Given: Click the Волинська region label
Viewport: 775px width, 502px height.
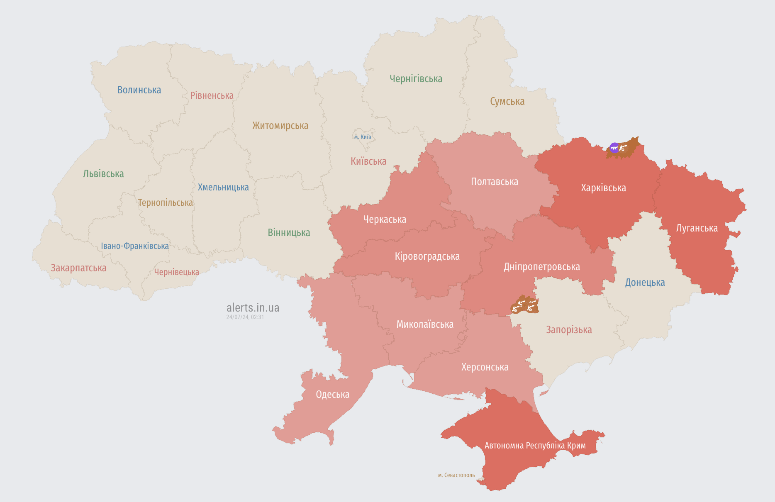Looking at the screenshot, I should pos(139,90).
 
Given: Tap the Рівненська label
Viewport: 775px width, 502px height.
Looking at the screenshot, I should pos(212,95).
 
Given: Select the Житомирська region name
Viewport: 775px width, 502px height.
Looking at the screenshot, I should pos(280,126).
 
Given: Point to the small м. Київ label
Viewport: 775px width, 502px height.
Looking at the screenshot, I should pos(363,137).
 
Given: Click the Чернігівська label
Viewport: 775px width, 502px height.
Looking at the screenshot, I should pos(416,79).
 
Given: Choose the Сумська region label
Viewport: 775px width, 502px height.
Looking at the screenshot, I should pos(507,102).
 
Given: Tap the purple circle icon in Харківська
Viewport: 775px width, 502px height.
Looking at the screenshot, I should pos(614,148).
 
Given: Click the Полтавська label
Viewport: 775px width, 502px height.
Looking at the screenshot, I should pos(494,182).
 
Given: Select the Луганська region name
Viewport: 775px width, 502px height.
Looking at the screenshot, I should pos(697,228).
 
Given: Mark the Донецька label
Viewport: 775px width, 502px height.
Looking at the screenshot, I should pos(645,283).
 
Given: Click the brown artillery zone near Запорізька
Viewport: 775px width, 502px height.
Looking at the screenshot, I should pos(525,305).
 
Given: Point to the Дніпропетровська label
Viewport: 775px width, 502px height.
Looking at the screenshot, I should pos(541,267).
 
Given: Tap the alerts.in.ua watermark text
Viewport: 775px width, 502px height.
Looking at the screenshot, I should pos(253,308).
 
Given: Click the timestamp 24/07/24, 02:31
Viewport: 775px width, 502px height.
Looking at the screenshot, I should pos(245,317).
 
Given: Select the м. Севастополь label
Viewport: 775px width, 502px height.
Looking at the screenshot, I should pos(456,475).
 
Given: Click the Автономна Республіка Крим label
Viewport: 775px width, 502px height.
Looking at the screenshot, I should pos(535,446).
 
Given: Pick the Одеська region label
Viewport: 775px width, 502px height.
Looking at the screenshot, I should pos(332,395).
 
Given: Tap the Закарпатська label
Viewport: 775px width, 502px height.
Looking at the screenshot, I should pos(78,268).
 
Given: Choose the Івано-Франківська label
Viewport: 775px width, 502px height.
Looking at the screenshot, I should pos(135,246).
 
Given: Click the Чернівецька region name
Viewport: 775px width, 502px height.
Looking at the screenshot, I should pos(176,272).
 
